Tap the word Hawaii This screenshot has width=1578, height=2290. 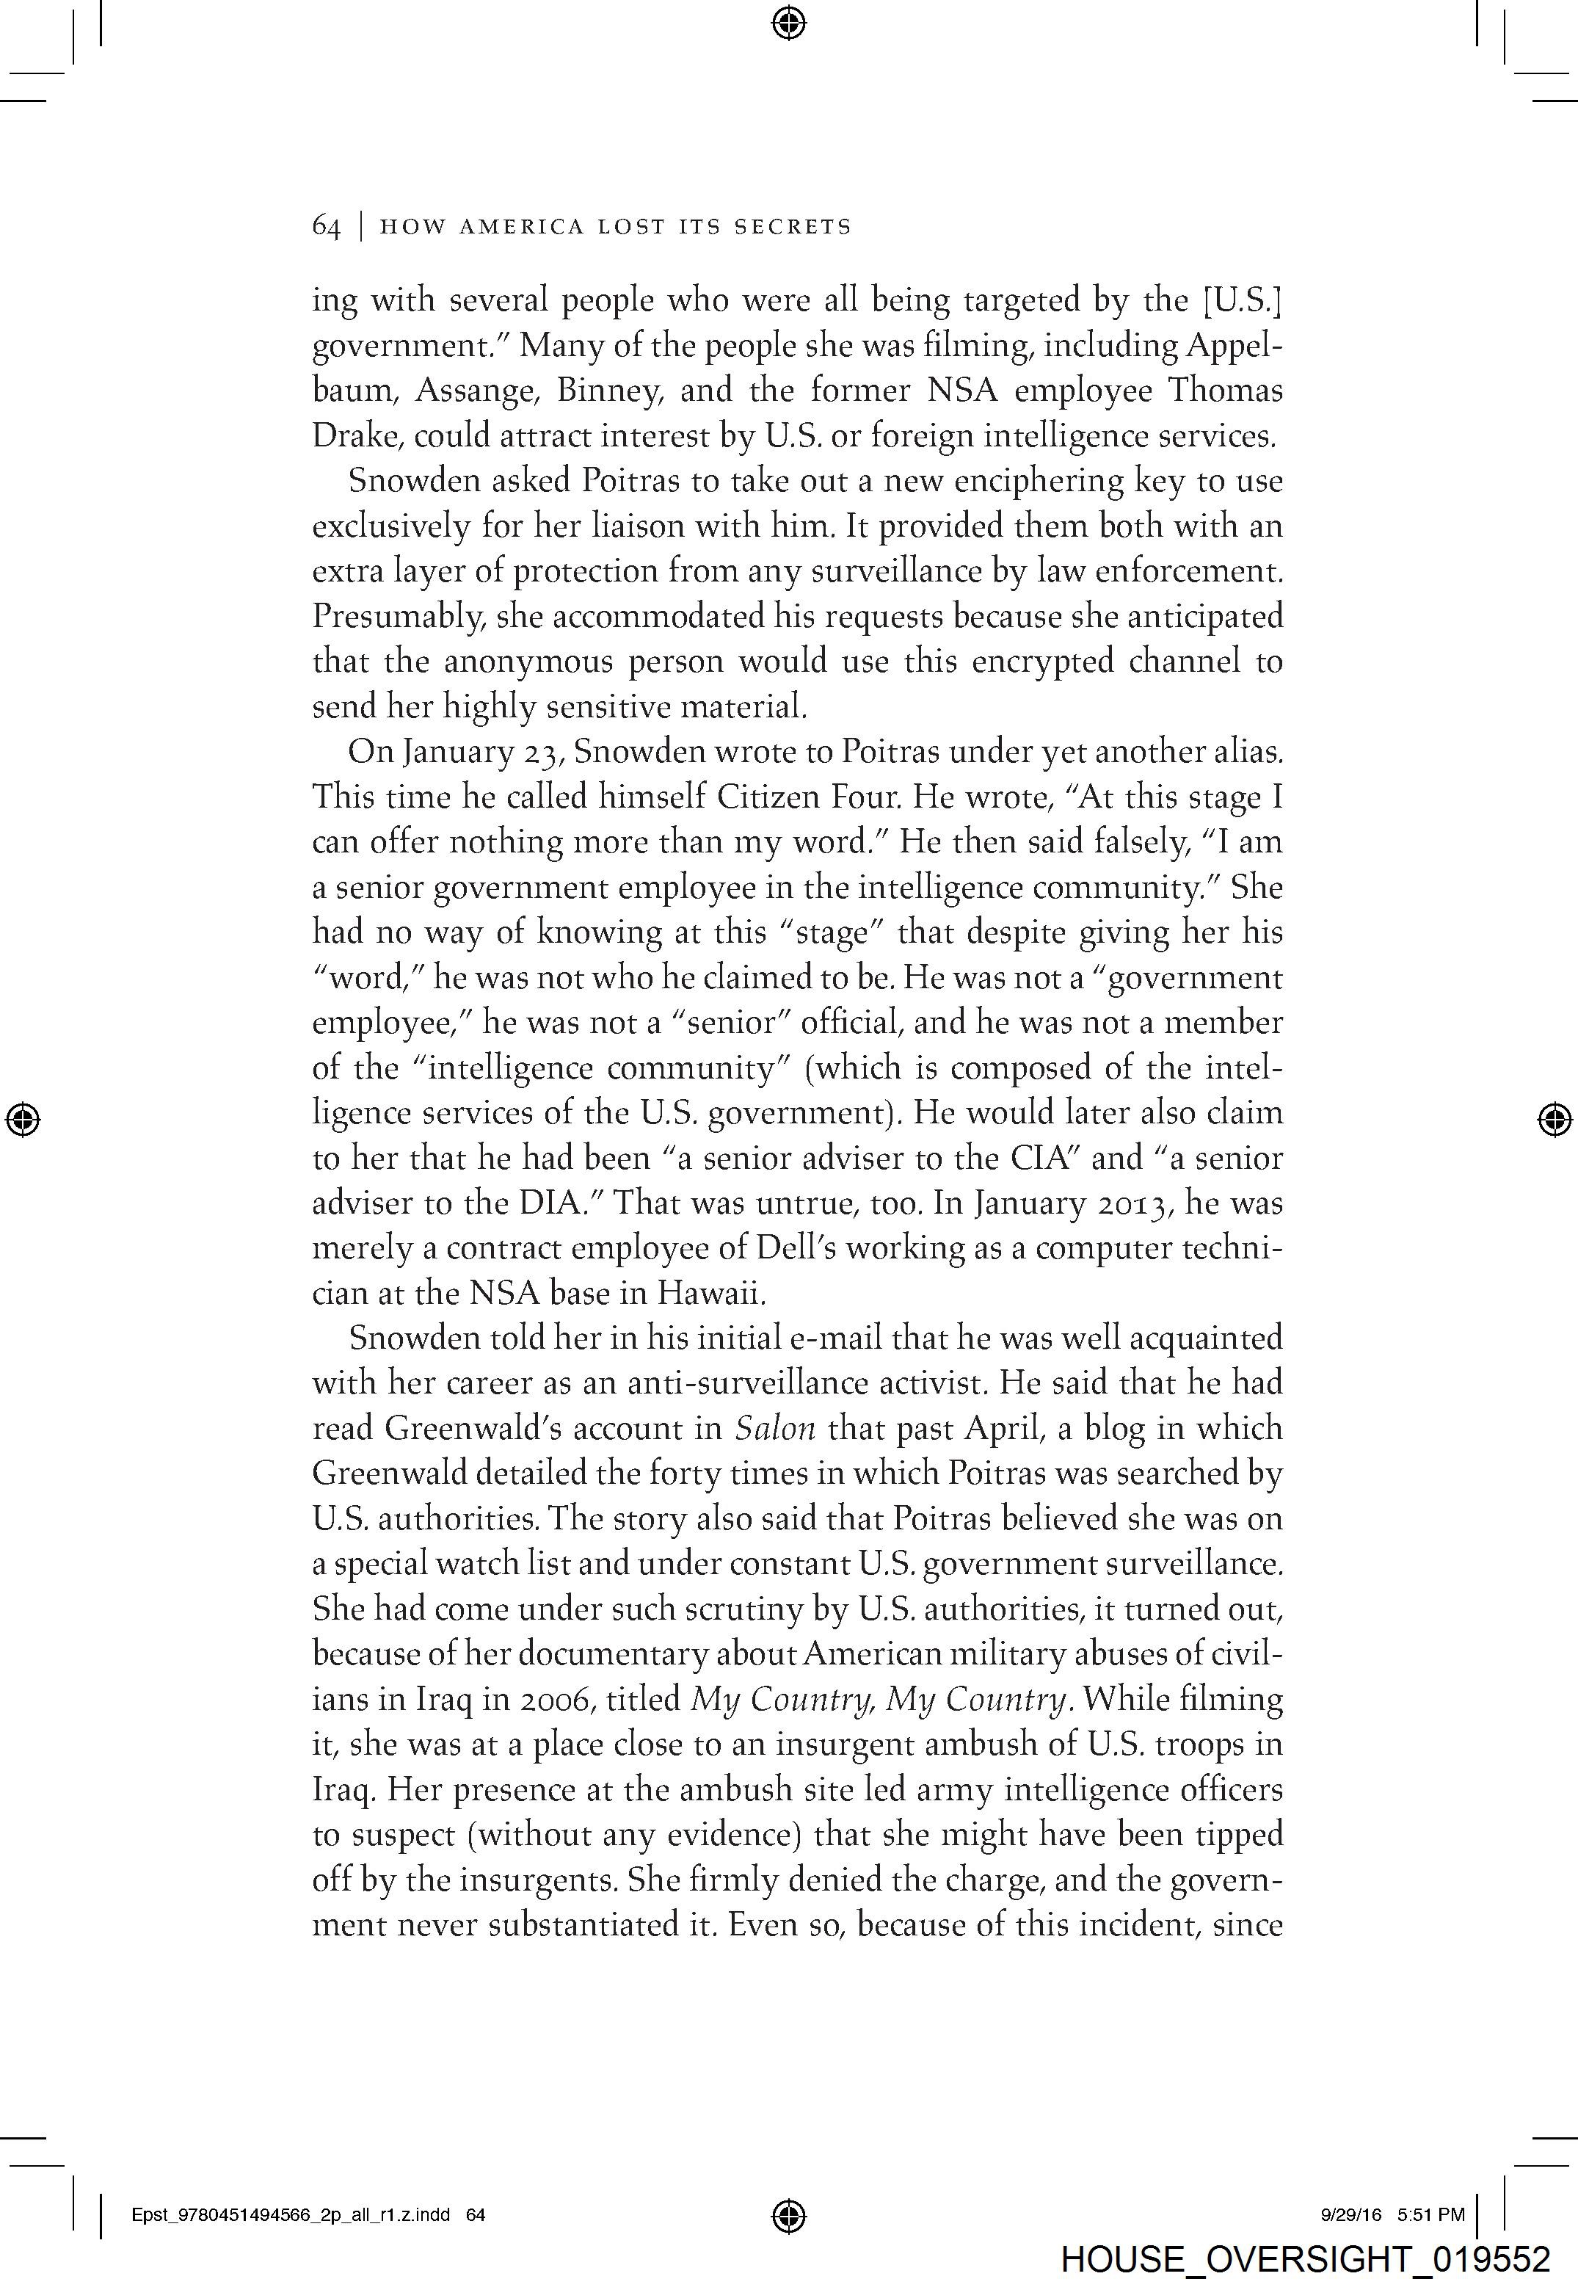(x=718, y=1294)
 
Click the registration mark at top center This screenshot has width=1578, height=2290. (x=788, y=22)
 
